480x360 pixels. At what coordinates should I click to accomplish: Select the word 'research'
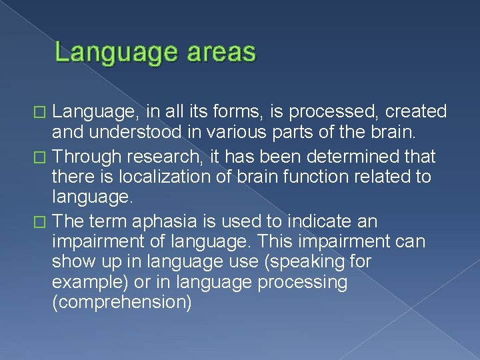tap(163, 157)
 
